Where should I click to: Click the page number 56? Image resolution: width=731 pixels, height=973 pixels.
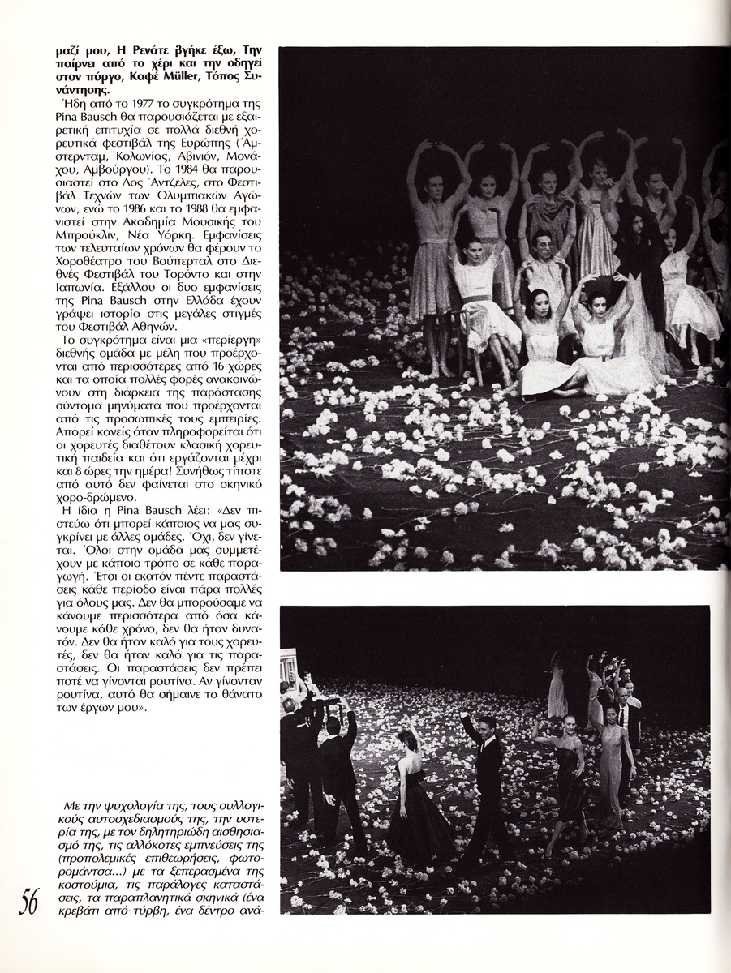click(x=29, y=900)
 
